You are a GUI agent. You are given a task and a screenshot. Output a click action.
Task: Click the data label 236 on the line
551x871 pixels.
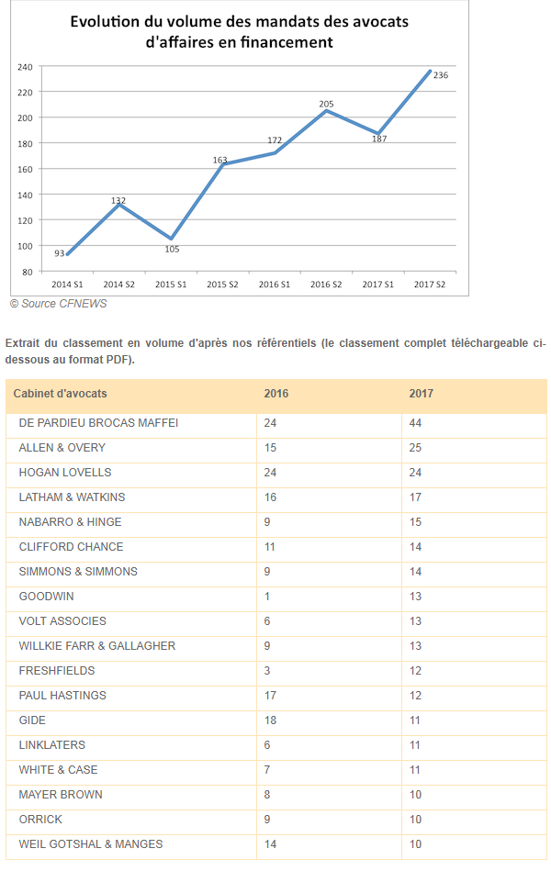click(x=440, y=75)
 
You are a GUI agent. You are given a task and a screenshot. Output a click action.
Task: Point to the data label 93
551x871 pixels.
click(x=60, y=253)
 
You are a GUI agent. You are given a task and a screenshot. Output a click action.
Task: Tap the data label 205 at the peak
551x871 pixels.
click(x=326, y=105)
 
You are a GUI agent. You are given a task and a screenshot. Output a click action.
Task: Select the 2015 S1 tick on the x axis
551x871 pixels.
click(x=171, y=285)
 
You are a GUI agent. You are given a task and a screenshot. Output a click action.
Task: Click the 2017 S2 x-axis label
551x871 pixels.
click(x=429, y=285)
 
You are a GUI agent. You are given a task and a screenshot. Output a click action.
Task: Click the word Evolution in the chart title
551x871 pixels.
click(x=108, y=21)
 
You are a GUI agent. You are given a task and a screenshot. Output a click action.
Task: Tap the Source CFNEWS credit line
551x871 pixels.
click(x=58, y=304)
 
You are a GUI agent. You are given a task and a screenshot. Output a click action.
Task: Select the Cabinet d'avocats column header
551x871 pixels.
click(x=60, y=394)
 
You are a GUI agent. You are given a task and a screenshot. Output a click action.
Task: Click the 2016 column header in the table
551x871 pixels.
click(x=275, y=394)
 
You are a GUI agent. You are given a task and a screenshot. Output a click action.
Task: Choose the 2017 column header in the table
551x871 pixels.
click(x=421, y=394)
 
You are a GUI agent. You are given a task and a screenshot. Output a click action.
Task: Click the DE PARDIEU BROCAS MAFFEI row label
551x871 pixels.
click(x=98, y=423)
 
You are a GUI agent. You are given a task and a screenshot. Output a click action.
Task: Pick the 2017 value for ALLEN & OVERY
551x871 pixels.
click(x=415, y=448)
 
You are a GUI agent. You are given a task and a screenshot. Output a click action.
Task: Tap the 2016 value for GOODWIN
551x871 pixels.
click(x=266, y=597)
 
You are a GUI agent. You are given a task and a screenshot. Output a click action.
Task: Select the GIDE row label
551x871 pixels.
click(x=32, y=720)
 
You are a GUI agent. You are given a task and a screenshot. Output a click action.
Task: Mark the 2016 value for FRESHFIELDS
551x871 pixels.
click(x=266, y=671)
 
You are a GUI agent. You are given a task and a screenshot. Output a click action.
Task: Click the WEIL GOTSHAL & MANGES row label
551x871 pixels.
click(x=91, y=844)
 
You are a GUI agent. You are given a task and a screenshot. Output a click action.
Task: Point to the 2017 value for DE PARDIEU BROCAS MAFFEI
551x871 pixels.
click(x=415, y=423)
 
